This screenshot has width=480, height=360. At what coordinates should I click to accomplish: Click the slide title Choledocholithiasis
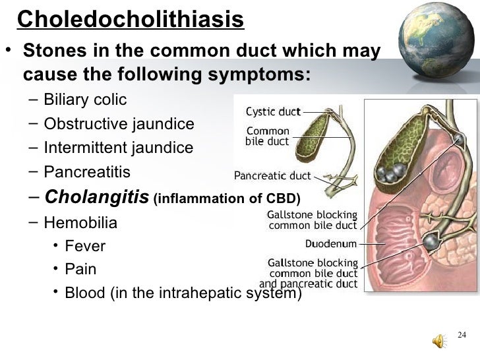click(x=131, y=20)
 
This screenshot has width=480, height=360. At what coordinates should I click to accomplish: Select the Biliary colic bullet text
click(x=85, y=100)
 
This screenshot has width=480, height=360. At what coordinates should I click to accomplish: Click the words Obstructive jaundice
click(x=119, y=124)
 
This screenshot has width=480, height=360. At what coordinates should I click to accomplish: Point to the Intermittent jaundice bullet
click(x=118, y=148)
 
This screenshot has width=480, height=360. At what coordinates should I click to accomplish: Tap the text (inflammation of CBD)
click(x=226, y=198)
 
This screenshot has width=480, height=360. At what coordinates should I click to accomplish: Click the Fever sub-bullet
click(x=85, y=246)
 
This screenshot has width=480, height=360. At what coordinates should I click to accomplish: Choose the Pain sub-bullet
click(x=80, y=269)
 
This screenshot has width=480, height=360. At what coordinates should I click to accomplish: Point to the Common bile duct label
click(x=266, y=135)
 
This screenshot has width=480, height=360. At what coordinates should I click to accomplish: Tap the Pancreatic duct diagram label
click(x=273, y=175)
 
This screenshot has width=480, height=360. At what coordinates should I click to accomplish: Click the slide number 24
click(x=462, y=336)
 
